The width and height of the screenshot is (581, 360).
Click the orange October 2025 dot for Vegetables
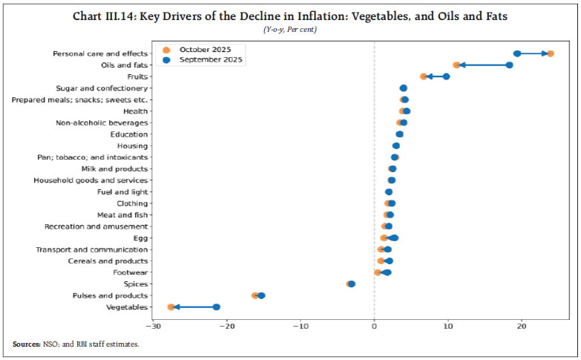(171, 307)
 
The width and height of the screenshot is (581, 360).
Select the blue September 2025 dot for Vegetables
(217, 307)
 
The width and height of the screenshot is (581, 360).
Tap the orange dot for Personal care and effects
(550, 53)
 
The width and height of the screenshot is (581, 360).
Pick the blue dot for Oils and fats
(510, 65)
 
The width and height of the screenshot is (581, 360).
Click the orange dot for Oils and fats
(456, 65)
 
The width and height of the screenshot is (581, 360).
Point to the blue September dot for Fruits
(446, 76)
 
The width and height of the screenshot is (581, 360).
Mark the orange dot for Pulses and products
(255, 295)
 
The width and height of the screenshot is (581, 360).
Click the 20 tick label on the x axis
(522, 326)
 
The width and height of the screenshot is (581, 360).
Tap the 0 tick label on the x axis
(374, 326)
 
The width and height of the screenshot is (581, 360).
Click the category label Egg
(141, 238)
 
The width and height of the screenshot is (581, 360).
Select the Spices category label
(135, 284)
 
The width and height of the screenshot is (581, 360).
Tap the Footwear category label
(130, 272)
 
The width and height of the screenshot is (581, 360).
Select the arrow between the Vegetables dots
(194, 307)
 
